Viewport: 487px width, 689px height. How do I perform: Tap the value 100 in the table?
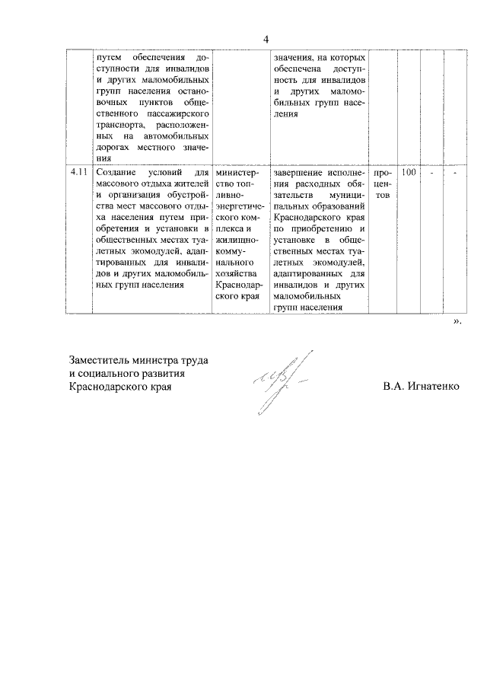[409, 173]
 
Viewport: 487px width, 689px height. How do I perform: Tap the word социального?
[111, 373]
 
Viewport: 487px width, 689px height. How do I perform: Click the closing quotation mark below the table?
[457, 322]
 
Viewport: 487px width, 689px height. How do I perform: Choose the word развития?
[164, 373]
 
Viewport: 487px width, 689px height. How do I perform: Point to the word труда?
[193, 359]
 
